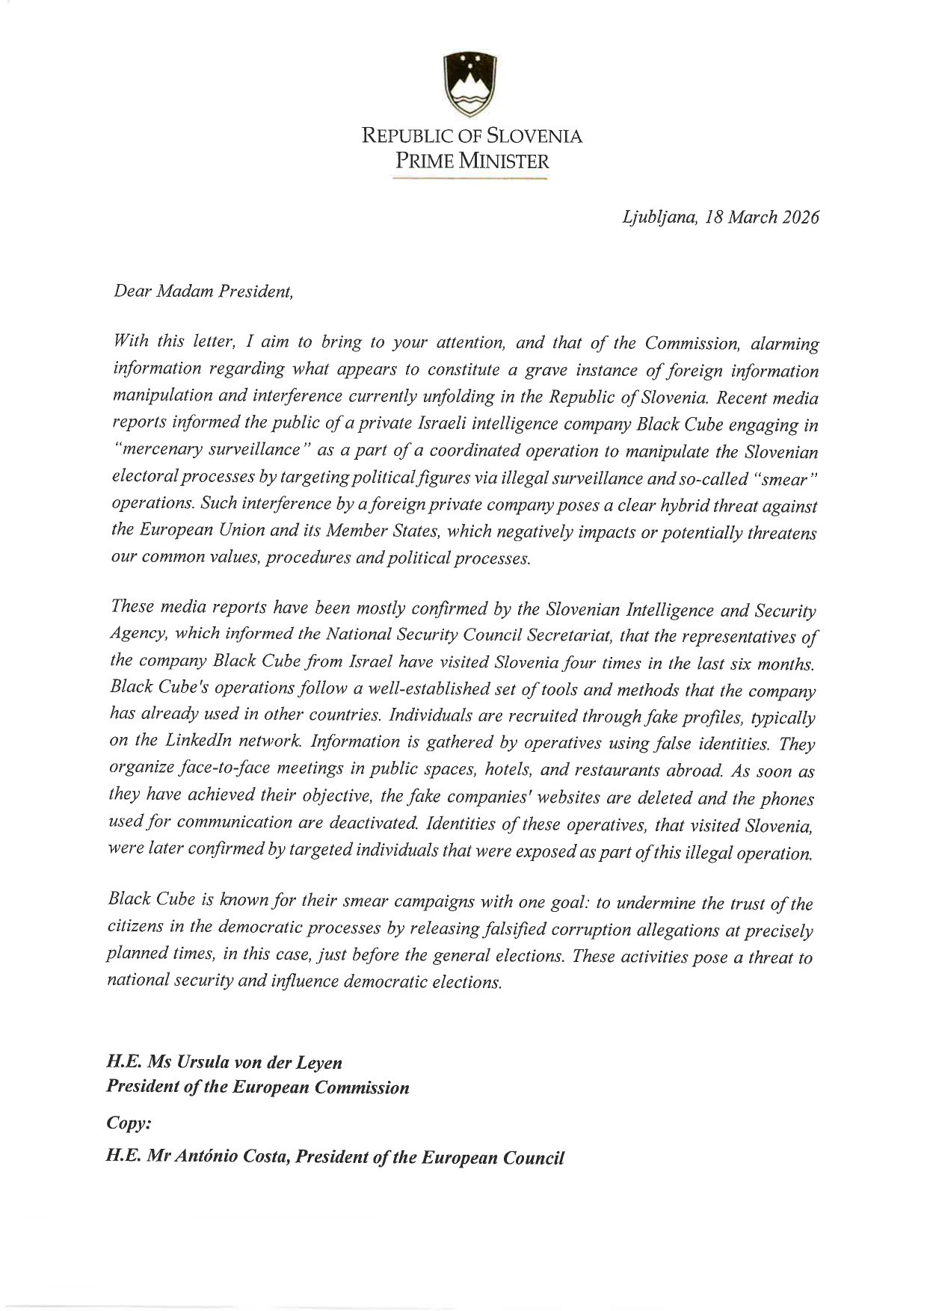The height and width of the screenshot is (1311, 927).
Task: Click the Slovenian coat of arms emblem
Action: pyautogui.click(x=471, y=83)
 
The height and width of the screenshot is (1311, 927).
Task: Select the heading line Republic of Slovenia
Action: pyautogui.click(x=472, y=136)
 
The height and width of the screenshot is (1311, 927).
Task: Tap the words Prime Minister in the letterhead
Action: pyautogui.click(x=472, y=160)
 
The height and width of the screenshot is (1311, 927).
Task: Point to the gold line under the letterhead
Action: pyautogui.click(x=470, y=179)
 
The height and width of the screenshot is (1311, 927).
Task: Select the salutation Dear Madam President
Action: pyautogui.click(x=203, y=291)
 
